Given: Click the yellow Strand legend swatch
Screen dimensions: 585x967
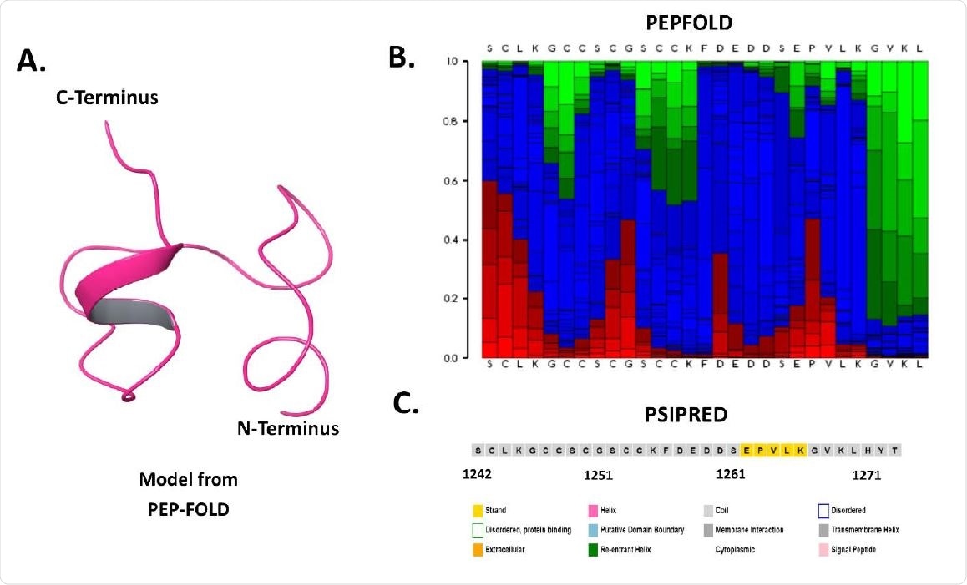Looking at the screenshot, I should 478,510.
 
